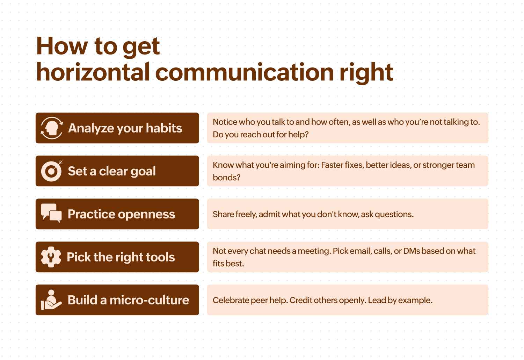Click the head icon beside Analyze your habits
click(x=52, y=128)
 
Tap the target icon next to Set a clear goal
click(x=52, y=171)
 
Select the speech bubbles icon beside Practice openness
click(x=51, y=213)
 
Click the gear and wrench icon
click(x=51, y=257)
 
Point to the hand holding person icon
click(x=51, y=300)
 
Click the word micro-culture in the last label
click(x=149, y=300)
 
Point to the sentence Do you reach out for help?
click(x=261, y=135)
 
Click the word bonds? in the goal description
click(x=226, y=178)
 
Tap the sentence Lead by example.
click(x=400, y=301)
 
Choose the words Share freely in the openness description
click(x=235, y=215)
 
